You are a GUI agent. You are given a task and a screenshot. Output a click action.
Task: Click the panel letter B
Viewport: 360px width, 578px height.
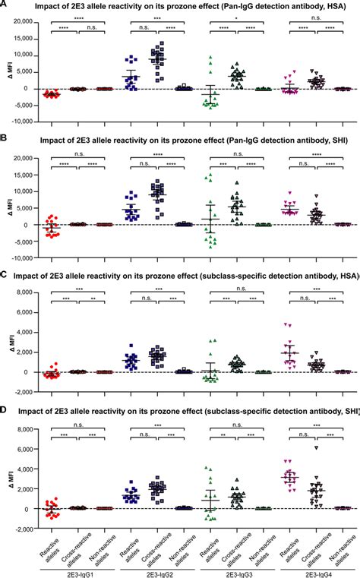5,142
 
